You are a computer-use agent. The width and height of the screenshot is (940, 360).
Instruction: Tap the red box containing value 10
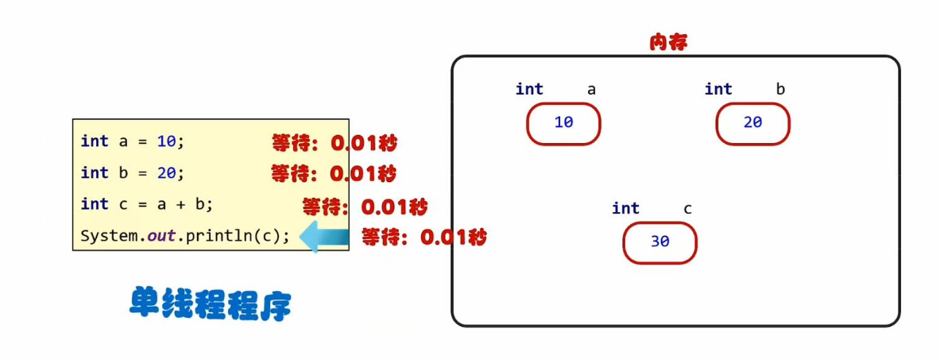563,123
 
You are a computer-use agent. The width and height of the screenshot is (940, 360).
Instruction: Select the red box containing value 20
752,123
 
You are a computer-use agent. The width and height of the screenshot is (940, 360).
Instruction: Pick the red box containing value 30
660,242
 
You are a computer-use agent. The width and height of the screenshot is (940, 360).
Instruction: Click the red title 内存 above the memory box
668,43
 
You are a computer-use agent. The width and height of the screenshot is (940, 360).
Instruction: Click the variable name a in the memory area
591,89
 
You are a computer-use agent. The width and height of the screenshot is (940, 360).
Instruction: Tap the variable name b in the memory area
780,89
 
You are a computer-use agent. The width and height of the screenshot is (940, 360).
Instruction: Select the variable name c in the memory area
687,208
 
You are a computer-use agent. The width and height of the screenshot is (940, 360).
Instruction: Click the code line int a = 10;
132,141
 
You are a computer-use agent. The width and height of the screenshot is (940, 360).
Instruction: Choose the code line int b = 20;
132,172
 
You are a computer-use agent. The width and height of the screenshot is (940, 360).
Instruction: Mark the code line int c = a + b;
147,204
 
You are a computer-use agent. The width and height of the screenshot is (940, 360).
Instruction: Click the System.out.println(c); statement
185,236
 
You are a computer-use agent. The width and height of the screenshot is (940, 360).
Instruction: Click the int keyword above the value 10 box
529,89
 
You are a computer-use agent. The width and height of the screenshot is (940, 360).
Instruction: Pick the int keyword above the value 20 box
718,89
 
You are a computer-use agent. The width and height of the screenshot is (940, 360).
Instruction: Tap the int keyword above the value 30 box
625,208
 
